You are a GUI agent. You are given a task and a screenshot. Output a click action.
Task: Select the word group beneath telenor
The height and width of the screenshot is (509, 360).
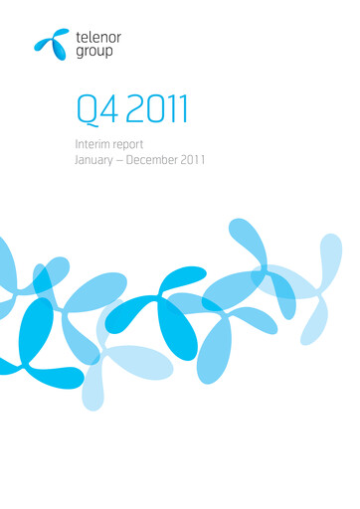coord(93,51)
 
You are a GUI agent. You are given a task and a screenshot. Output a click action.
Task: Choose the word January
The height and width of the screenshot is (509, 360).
coord(98,160)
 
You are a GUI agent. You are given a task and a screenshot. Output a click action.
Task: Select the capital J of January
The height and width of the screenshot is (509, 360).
coord(77,160)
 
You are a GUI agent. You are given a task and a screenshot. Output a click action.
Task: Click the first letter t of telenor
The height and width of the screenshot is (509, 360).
coord(78,36)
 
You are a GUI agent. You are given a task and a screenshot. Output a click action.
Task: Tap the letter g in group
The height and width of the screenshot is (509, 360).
coord(80,52)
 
